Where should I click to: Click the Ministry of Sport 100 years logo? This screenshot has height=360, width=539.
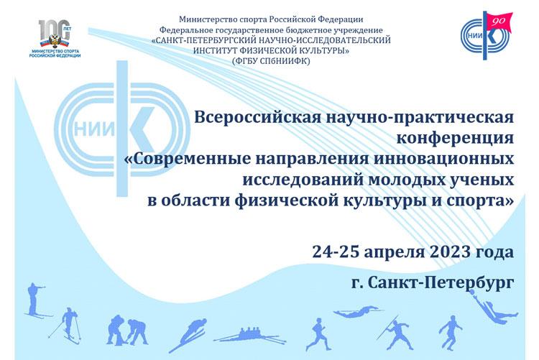55,39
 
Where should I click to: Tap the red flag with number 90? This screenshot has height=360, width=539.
499,22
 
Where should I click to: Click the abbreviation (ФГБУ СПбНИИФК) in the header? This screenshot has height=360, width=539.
271,61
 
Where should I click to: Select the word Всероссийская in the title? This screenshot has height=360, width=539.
258,117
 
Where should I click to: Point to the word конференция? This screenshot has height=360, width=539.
455,137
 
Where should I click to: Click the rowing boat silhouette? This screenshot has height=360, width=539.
250,336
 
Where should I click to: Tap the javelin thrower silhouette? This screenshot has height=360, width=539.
395,329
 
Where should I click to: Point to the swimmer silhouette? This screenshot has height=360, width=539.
357,311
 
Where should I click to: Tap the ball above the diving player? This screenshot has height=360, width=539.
473,292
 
